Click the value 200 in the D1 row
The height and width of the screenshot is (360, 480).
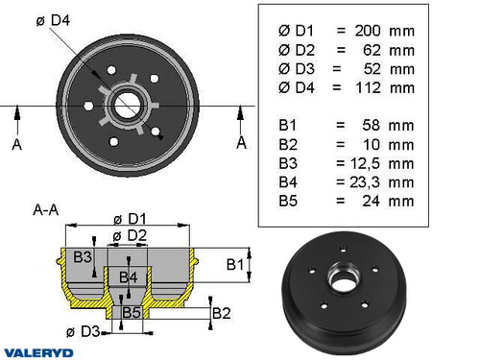point(371,30)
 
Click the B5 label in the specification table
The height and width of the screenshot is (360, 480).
point(289,201)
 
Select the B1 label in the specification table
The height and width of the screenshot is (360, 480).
point(288,125)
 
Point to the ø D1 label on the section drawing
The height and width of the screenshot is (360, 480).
point(130,217)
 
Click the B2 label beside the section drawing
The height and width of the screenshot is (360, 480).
point(221,312)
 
